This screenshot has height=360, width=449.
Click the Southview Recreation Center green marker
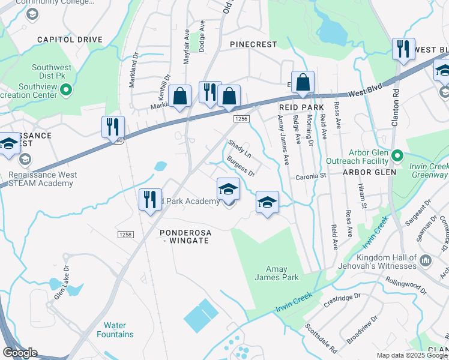click(x=67, y=91)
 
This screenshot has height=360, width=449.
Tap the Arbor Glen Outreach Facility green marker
click(x=397, y=157)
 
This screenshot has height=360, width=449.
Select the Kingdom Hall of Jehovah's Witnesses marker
click(x=426, y=260)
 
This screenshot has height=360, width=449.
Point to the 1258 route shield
click(x=125, y=235)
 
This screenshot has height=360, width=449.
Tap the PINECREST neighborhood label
click(x=254, y=44)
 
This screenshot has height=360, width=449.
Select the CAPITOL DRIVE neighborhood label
click(x=70, y=40)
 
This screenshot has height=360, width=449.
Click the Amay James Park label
click(x=277, y=274)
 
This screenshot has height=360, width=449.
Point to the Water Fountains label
click(x=115, y=330)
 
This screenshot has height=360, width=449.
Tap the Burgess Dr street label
click(x=241, y=167)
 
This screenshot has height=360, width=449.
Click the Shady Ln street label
click(x=239, y=149)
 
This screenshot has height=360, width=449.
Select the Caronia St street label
click(x=310, y=176)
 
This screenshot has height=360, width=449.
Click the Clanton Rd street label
click(x=395, y=107)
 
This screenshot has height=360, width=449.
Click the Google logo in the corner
click(x=19, y=353)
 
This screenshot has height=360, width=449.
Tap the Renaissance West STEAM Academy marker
click(x=25, y=159)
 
